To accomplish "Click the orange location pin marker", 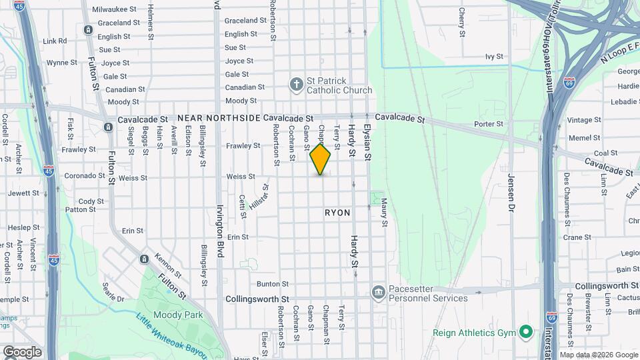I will pyautogui.click(x=320, y=159).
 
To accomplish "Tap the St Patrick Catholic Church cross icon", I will pyautogui.click(x=297, y=85).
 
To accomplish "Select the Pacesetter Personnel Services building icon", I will pyautogui.click(x=379, y=291).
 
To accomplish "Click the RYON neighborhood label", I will pyautogui.click(x=337, y=213).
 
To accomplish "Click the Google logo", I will pyautogui.click(x=21, y=352).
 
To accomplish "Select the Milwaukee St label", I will pyautogui.click(x=114, y=9).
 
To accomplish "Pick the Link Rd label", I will pyautogui.click(x=55, y=41).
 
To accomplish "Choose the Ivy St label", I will pyautogui.click(x=493, y=57).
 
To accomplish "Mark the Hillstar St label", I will pyautogui.click(x=258, y=198).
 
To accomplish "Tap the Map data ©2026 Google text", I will pyautogui.click(x=599, y=355).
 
